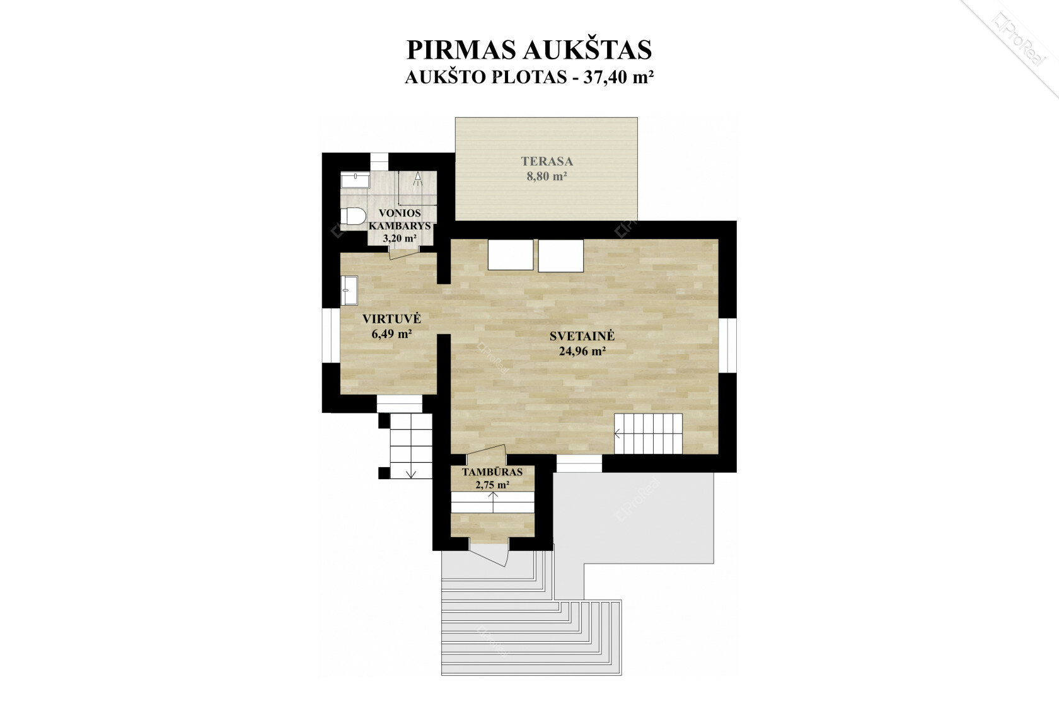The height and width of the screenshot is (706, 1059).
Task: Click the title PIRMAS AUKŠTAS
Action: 529,49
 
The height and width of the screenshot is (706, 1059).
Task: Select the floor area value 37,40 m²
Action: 619,77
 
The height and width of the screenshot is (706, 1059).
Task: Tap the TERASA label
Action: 547,161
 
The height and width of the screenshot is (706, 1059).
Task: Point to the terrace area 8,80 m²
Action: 547,176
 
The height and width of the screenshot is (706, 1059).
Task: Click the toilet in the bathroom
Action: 353,217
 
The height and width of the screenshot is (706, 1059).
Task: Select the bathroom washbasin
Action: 354,180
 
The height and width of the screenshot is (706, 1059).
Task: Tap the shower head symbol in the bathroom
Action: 417,178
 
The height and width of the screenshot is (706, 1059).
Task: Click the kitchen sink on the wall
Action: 349,291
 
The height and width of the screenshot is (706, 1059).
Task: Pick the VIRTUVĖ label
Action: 391,319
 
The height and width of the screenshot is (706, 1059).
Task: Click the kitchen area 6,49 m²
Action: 391,334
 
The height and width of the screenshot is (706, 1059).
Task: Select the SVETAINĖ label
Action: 582,336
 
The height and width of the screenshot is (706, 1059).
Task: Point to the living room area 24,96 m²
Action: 582,351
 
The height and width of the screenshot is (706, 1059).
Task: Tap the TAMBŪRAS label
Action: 492,472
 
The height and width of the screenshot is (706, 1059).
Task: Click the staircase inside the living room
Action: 648,434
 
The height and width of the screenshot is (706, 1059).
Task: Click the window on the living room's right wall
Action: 727,345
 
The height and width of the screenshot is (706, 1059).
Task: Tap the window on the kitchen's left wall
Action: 332,336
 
